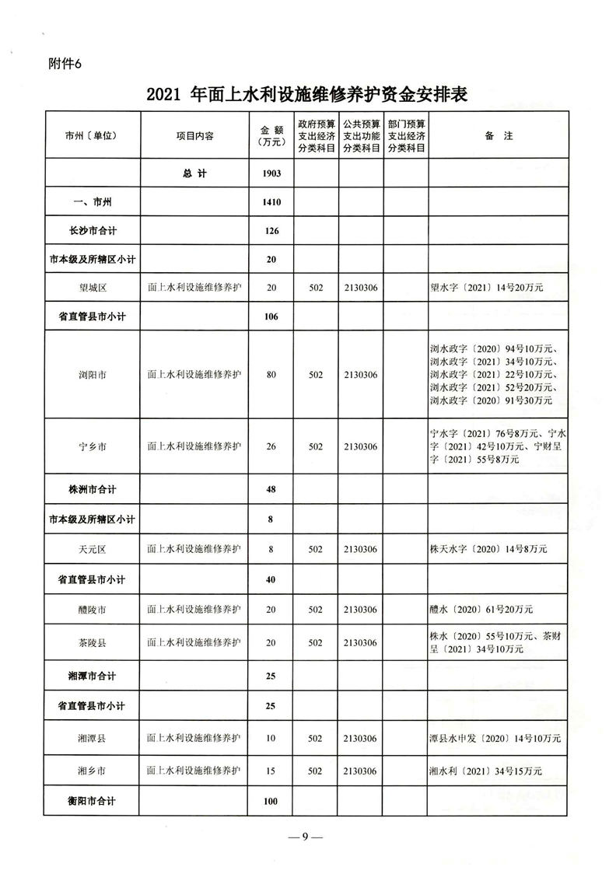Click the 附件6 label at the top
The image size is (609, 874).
click(65, 65)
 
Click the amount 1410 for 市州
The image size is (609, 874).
click(271, 202)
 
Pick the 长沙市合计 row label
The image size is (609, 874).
click(92, 231)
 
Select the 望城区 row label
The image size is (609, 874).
click(92, 287)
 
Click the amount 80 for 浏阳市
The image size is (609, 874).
click(271, 375)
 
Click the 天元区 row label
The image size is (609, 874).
click(92, 549)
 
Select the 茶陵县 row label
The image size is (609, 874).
click(92, 643)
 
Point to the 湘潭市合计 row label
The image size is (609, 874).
click(92, 676)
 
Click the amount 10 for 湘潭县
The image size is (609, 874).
click(271, 738)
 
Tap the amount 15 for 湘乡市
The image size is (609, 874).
click(271, 771)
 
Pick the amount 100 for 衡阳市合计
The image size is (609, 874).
click(271, 801)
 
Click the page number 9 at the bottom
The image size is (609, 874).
click(305, 837)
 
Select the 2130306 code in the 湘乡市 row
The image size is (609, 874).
click(360, 771)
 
